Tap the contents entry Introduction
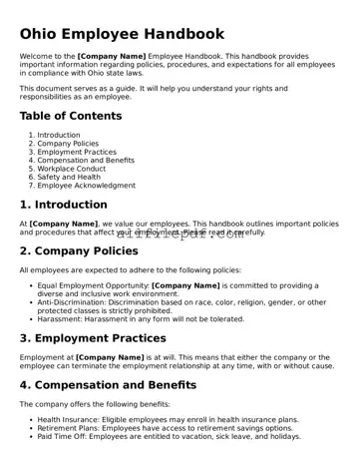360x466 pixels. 59,135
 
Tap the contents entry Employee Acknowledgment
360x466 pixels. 90,186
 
